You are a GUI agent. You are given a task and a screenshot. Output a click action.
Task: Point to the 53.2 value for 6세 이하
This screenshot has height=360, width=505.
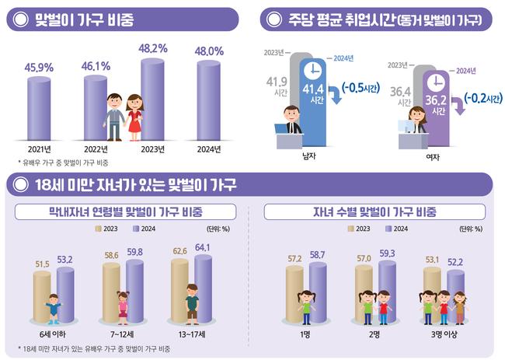point(65,238)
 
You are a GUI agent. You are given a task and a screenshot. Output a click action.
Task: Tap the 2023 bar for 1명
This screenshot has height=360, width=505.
point(294,294)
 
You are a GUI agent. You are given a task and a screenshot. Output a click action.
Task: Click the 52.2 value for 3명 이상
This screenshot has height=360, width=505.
point(455,261)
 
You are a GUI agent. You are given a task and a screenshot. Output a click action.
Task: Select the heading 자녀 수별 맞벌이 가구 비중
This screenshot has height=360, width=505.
point(374,211)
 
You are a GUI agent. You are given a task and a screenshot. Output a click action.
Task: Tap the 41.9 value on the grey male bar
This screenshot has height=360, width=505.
point(277,81)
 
